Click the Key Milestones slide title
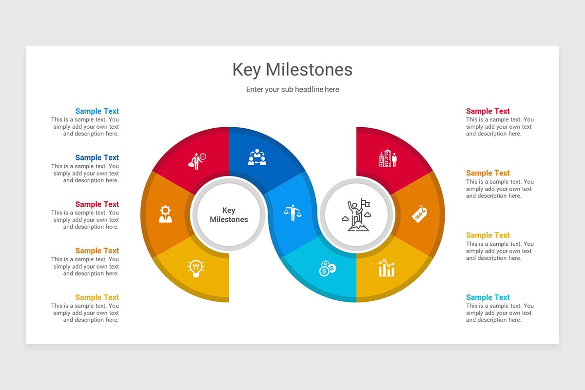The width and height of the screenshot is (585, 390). pyautogui.click(x=292, y=70)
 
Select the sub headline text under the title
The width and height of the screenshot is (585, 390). pyautogui.click(x=292, y=90)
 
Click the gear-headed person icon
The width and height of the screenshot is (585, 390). pyautogui.click(x=165, y=214)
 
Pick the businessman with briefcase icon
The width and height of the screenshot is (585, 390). pyautogui.click(x=197, y=161)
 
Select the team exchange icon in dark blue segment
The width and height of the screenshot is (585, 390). pyautogui.click(x=256, y=157)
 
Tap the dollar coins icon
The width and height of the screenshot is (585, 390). pyautogui.click(x=327, y=268)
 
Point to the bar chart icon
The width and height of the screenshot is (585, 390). pyautogui.click(x=387, y=268)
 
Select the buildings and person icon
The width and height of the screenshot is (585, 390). pyautogui.click(x=388, y=158)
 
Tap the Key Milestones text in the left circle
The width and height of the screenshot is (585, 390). pyautogui.click(x=229, y=215)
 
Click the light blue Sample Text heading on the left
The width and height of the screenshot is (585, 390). pyautogui.click(x=97, y=111)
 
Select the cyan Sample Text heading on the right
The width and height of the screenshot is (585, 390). pyautogui.click(x=487, y=297)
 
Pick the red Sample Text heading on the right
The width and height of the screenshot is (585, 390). pyautogui.click(x=487, y=111)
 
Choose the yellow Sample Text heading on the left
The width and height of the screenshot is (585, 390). pyautogui.click(x=97, y=297)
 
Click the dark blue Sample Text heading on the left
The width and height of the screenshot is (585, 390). pyautogui.click(x=97, y=157)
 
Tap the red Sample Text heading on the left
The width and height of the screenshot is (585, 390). pyautogui.click(x=97, y=204)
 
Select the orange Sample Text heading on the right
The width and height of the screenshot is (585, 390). pyautogui.click(x=487, y=173)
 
